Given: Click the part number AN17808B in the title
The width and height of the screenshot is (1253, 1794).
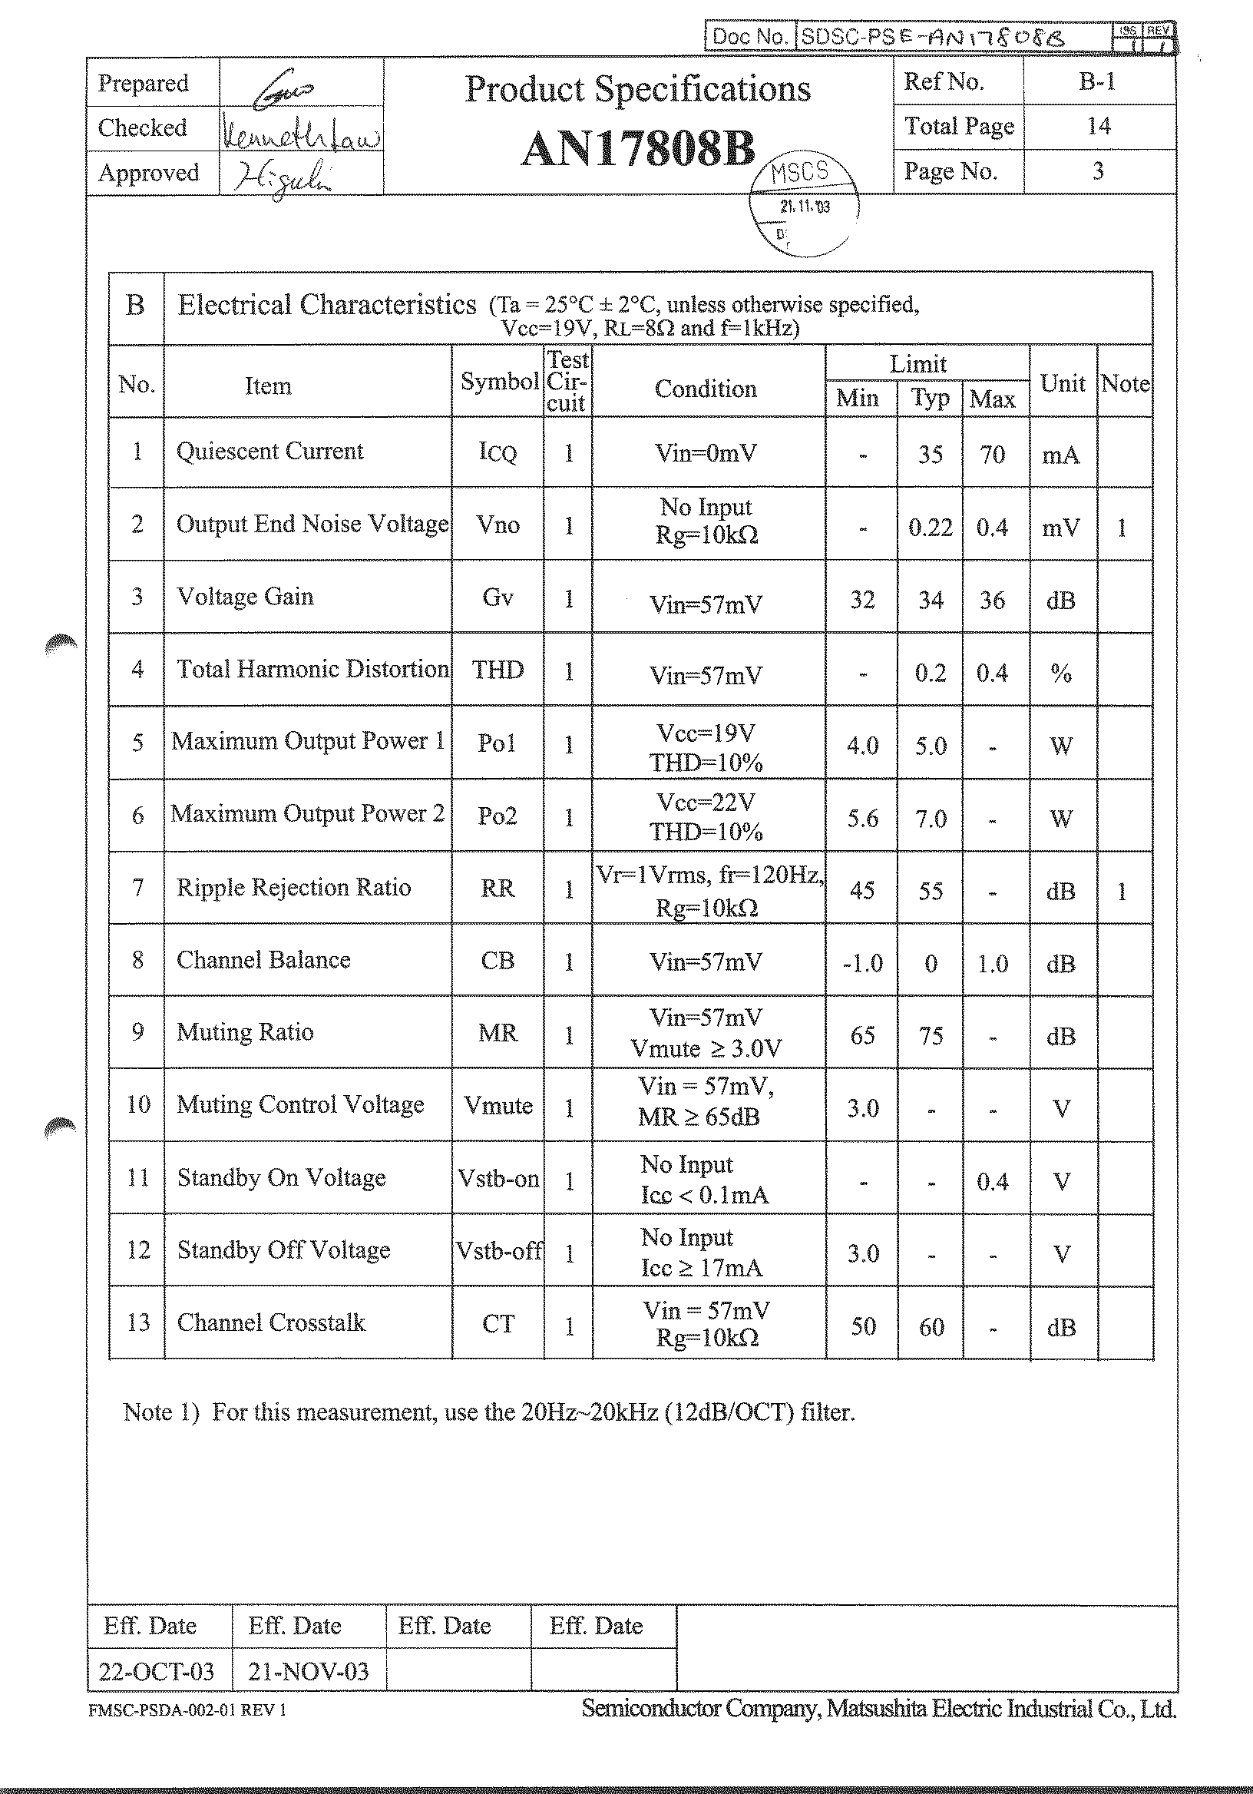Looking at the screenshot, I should (637, 148).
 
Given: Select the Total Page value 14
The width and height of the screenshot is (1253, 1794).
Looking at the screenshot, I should (1099, 126).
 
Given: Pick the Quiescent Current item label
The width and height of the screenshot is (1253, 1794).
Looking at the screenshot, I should (269, 452).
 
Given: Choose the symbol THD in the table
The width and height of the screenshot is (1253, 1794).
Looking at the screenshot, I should (498, 670).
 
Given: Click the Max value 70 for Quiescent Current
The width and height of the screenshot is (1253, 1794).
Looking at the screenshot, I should (992, 455).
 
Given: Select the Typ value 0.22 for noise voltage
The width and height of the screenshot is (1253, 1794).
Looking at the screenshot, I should (930, 528).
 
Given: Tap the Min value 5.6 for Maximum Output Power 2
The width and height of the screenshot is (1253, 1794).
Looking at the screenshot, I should (862, 819).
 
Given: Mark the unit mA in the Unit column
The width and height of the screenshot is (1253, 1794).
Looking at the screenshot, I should (1061, 455).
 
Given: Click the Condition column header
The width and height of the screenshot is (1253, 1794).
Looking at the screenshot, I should (706, 389).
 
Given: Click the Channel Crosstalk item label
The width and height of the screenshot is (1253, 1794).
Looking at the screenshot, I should (271, 1322).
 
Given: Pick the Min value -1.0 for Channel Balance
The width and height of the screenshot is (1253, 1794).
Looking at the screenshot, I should (862, 963).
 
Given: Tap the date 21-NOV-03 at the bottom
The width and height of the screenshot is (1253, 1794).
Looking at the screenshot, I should (308, 1672).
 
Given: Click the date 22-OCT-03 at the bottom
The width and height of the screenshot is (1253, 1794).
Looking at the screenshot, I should (156, 1672).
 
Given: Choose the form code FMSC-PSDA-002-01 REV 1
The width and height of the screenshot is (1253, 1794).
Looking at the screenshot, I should (187, 1710).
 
